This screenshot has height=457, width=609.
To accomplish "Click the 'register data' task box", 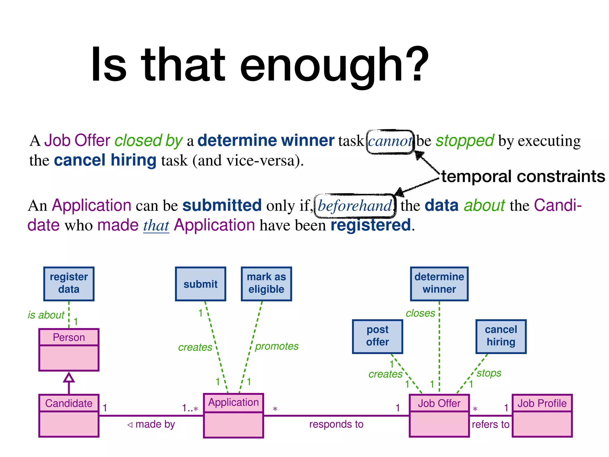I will click(x=69, y=284).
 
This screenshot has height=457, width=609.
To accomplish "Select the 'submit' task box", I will click(x=200, y=284).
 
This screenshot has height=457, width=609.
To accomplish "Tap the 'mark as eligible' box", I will click(x=266, y=284).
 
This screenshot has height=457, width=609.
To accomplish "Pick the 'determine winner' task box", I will click(x=439, y=284).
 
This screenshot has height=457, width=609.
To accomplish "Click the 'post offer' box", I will click(x=377, y=336).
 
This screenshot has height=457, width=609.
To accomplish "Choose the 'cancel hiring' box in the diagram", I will click(x=501, y=336).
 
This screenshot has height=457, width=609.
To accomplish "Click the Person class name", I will click(x=69, y=337).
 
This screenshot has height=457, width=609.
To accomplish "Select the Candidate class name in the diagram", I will click(x=69, y=403).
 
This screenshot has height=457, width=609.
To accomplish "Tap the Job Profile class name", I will click(x=542, y=403).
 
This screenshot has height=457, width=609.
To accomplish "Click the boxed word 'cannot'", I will click(x=390, y=142).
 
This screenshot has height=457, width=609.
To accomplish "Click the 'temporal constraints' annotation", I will click(x=523, y=176).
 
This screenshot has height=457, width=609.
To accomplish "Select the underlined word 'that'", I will click(x=156, y=226).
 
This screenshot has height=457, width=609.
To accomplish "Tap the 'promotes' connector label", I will click(x=277, y=346).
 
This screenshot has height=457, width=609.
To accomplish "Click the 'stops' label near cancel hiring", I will click(x=489, y=373).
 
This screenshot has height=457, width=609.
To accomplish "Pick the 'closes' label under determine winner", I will click(x=420, y=313).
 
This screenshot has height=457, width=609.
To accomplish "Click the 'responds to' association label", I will click(x=336, y=424).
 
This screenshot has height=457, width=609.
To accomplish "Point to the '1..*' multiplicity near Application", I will click(x=190, y=408).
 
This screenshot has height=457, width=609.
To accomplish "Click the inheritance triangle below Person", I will click(x=69, y=378).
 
